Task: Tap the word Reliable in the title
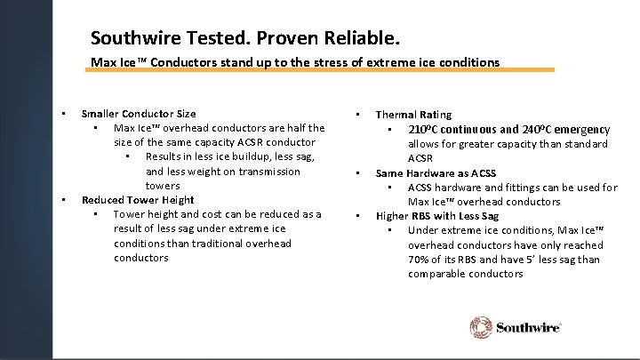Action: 364,39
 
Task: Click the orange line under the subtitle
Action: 321,69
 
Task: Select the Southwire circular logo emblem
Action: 481,327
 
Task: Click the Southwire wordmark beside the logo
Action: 528,328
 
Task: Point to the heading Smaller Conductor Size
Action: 139,114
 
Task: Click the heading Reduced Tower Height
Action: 138,200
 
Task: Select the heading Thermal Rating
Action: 413,115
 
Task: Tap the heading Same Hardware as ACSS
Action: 436,173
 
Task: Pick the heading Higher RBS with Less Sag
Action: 437,216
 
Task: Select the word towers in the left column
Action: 163,186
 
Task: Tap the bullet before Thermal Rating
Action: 356,115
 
